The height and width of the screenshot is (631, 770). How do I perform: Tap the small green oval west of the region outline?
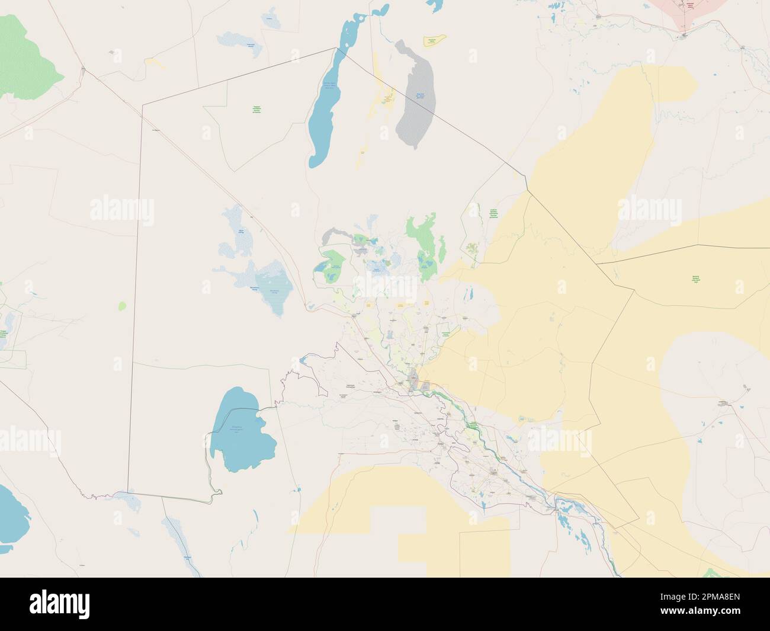[122, 306]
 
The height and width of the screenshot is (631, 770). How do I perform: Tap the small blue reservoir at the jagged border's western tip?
[304, 358]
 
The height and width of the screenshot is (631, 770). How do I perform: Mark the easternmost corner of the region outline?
[639, 521]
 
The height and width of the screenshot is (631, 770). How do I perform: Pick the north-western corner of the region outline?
[142, 104]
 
